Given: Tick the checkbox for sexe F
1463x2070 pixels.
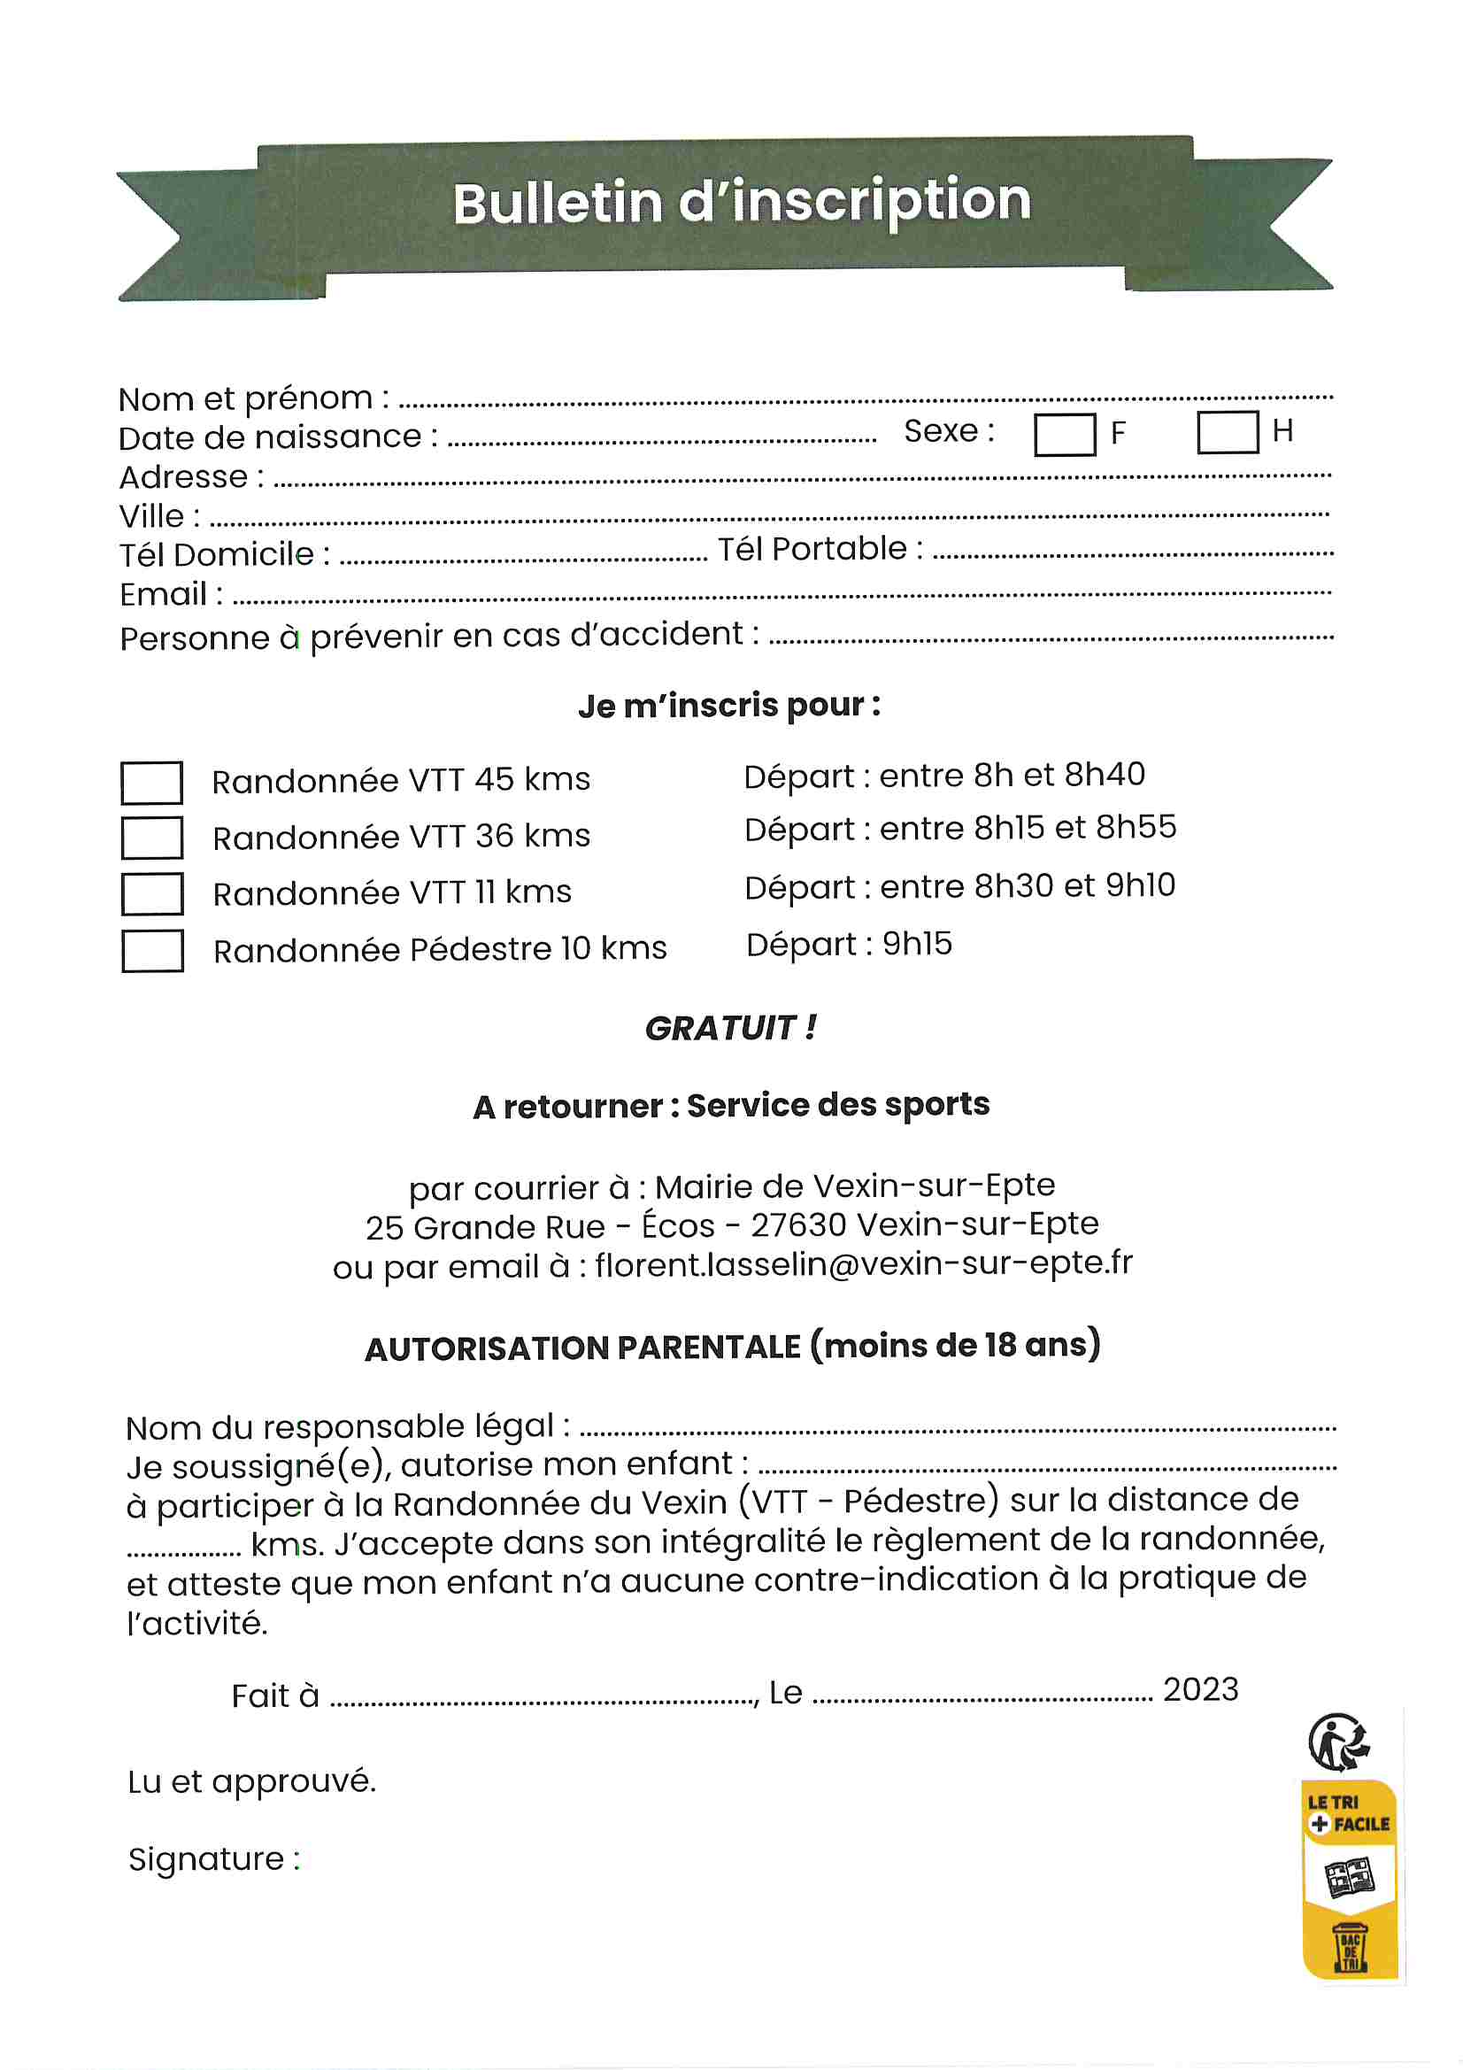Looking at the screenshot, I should [x=1064, y=435].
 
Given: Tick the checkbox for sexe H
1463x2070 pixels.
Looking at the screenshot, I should [x=1227, y=432].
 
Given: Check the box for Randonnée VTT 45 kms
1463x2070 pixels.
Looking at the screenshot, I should [x=151, y=782].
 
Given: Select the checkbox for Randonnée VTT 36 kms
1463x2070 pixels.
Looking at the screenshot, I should [x=151, y=838].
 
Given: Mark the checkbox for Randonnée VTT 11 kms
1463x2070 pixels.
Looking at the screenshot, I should [x=151, y=893].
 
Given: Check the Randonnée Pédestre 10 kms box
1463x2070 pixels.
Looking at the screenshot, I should [x=151, y=950].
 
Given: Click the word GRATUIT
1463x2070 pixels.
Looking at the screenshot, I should [x=720, y=1028].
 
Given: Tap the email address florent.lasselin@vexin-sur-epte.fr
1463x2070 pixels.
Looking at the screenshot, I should [x=863, y=1264].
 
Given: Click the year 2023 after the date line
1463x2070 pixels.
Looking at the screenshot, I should [x=1200, y=1688].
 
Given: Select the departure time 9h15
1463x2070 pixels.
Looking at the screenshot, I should [x=917, y=944].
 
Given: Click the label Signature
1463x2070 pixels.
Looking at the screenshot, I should [x=206, y=1859].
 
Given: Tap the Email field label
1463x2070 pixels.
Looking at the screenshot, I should [x=164, y=594].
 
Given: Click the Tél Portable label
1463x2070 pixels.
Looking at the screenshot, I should [x=812, y=549].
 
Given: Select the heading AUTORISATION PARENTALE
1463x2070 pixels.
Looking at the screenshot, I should [x=581, y=1348].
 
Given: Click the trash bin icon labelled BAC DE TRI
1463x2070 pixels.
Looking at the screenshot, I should [x=1350, y=1948].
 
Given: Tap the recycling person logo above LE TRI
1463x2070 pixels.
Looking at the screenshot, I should [x=1338, y=1741].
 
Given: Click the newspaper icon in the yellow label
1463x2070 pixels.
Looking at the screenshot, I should [x=1349, y=1877].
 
